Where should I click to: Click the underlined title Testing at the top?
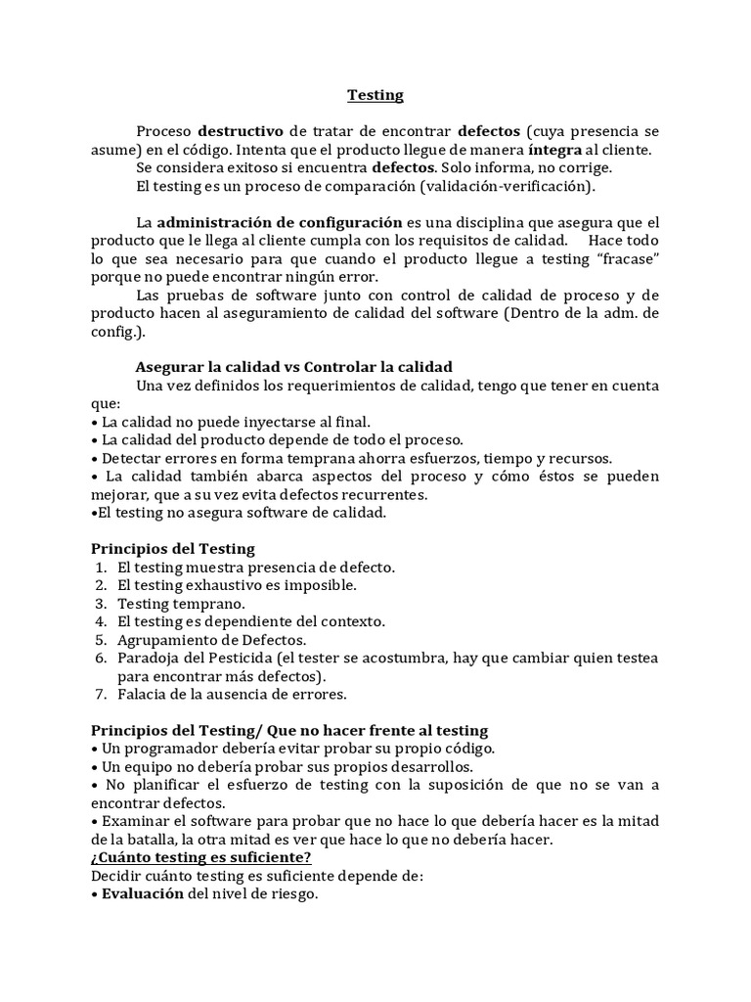375,95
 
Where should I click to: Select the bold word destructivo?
241,130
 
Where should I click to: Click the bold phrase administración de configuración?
280,221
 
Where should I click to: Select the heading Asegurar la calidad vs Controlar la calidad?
293,367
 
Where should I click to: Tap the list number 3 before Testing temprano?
101,604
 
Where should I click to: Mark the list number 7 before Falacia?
101,695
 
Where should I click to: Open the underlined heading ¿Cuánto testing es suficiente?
201,858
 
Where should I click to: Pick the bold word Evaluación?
142,894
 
